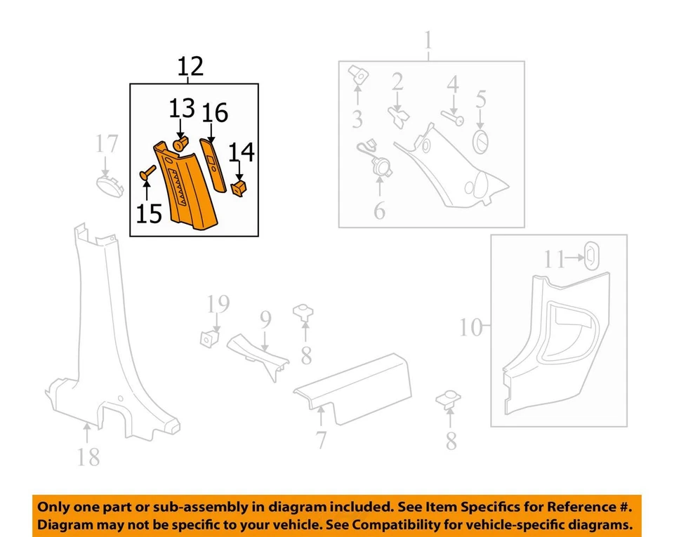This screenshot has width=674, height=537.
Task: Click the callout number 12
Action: point(190,66)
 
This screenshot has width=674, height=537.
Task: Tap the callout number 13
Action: point(181,110)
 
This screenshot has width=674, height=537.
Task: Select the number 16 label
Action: point(215,112)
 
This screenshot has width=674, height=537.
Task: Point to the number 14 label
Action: point(241,152)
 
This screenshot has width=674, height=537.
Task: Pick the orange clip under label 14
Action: point(240,187)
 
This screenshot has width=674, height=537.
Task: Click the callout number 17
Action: point(107,145)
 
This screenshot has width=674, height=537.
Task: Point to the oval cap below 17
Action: point(109,187)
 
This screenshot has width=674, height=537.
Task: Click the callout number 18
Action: point(88,457)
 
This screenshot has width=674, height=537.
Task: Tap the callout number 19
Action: point(218,304)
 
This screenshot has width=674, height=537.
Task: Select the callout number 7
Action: point(321,441)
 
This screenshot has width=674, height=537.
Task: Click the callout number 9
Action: point(265,321)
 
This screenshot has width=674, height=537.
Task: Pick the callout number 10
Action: point(473,326)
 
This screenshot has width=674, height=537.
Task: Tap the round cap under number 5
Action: point(482,140)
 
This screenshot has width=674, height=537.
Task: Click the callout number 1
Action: point(428,42)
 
